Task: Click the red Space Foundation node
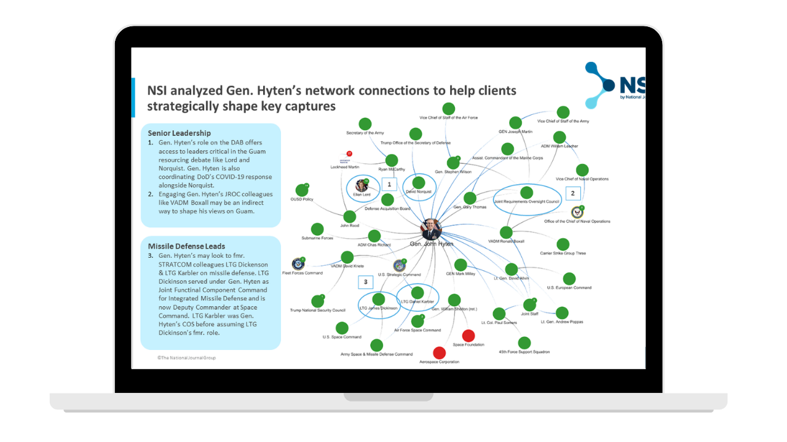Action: point(469,335)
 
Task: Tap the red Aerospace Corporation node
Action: point(439,353)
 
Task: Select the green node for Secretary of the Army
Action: point(365,124)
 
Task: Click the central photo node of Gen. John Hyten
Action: point(431,230)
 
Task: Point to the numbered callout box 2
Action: point(572,193)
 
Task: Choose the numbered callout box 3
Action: point(366,282)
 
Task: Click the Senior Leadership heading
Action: point(179,133)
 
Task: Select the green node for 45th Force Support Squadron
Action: point(524,343)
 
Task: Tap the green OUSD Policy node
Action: point(301,190)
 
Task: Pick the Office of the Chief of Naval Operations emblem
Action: point(577,212)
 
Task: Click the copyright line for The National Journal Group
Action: point(186,357)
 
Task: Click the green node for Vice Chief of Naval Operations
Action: point(582,170)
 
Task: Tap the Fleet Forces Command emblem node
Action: point(298,263)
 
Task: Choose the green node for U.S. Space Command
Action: point(342,328)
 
